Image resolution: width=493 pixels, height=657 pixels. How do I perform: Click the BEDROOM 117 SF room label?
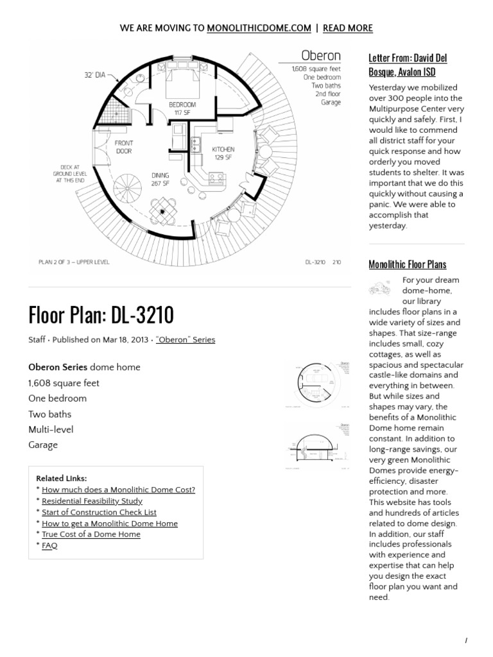coord(182,108)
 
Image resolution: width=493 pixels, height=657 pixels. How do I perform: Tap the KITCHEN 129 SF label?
coord(223,153)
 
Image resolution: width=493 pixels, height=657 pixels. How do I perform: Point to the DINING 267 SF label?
coord(160,178)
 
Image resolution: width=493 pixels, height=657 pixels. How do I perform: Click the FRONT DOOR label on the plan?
coord(124,147)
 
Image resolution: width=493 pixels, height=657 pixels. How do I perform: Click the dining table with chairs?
coord(162,211)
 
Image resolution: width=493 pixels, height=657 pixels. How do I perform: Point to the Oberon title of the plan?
coord(321,55)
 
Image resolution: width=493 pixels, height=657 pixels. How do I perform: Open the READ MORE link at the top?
coord(347,28)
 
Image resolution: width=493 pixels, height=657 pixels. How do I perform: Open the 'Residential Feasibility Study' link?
coord(92,501)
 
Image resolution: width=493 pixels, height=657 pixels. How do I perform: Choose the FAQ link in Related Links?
coord(49,545)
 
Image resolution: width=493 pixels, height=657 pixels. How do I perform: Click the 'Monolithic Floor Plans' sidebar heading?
coord(407,264)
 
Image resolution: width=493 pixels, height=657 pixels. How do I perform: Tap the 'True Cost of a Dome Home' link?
coord(91,534)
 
